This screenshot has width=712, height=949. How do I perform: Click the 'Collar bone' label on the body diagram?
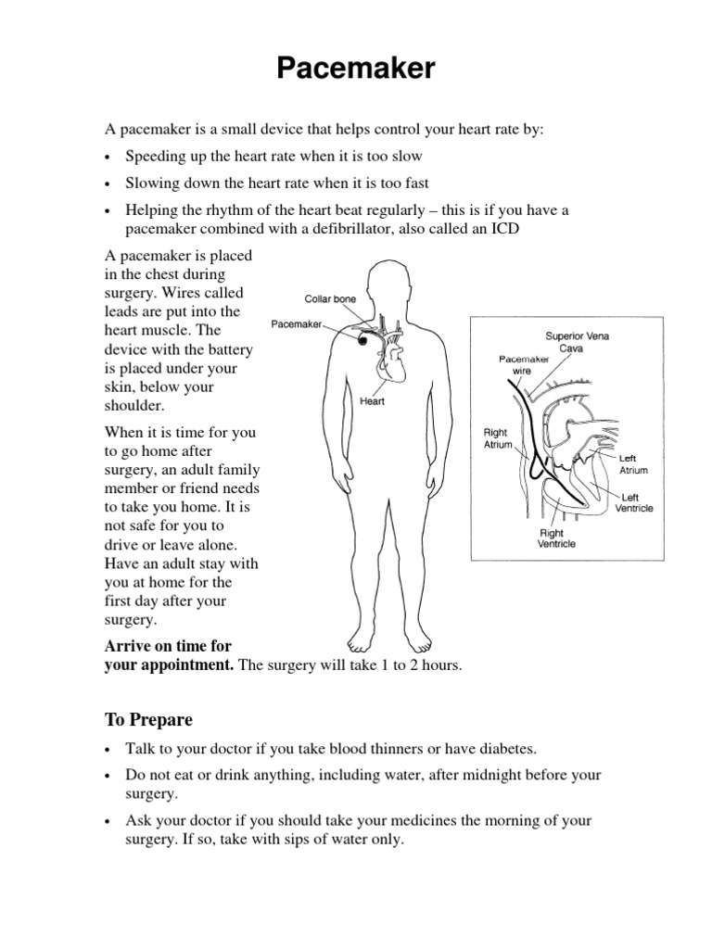[x=330, y=298]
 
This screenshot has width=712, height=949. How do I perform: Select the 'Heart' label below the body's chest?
[x=372, y=402]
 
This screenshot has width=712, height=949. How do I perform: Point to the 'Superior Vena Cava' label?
[x=576, y=342]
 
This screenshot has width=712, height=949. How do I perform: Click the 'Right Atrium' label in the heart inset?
[x=497, y=438]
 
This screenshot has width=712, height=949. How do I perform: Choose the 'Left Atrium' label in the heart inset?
[x=633, y=464]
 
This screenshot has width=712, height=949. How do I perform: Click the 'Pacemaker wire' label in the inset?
[x=524, y=362]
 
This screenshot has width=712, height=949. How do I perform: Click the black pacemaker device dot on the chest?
[x=362, y=341]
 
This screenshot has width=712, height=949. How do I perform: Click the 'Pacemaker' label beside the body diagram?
[x=296, y=324]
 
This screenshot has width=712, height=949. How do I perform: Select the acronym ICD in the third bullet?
[x=497, y=229]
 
